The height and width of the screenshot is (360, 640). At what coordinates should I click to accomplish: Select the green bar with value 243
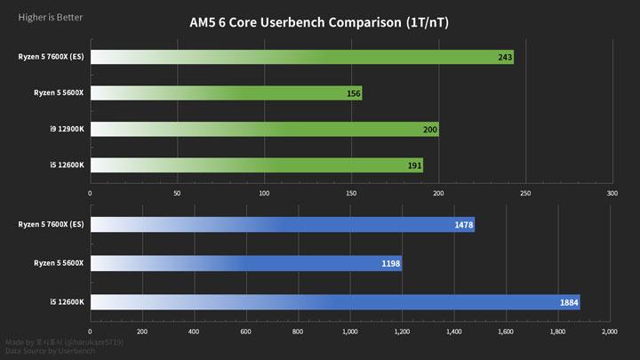click(302, 58)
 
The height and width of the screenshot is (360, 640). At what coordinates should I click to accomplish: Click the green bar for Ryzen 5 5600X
click(227, 93)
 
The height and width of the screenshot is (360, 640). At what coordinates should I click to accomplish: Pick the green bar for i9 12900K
click(265, 130)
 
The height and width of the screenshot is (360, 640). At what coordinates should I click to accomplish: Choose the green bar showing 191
click(257, 165)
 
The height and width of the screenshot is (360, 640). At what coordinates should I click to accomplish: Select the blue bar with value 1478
click(283, 224)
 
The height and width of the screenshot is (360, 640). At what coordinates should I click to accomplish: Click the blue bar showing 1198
click(246, 263)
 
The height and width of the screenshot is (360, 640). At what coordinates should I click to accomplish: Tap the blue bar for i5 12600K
click(335, 302)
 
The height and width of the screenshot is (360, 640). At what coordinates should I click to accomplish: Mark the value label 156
click(351, 93)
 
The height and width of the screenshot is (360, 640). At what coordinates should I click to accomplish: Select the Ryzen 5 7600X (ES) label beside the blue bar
click(51, 224)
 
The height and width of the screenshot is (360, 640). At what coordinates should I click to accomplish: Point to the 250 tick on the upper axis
click(524, 192)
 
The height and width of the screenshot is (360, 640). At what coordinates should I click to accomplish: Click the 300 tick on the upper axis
click(612, 192)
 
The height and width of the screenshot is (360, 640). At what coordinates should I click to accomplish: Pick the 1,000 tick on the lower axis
click(349, 331)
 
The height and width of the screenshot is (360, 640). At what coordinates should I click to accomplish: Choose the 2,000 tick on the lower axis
click(608, 331)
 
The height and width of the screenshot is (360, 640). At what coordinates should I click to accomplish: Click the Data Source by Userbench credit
click(49, 350)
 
